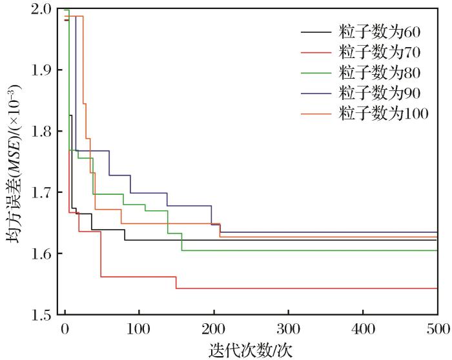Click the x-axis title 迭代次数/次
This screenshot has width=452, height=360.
[x=251, y=350]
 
